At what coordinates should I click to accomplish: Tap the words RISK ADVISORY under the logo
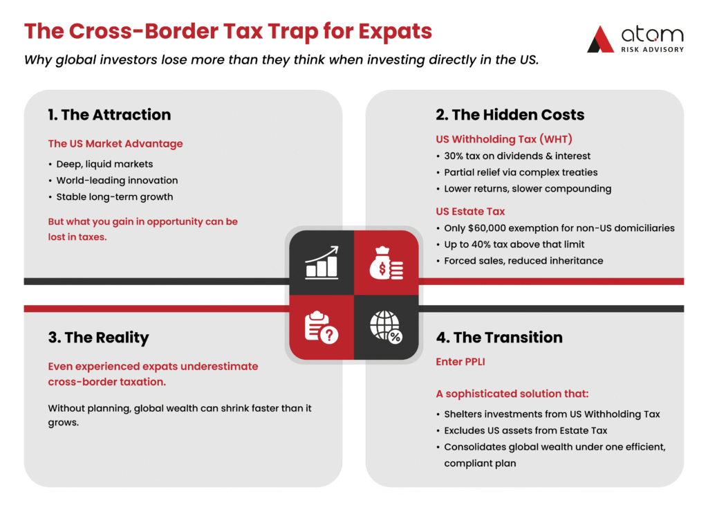click(x=653, y=49)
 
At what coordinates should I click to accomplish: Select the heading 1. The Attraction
click(x=109, y=115)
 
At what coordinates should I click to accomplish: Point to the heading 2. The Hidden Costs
click(x=510, y=115)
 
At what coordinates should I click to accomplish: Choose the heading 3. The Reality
click(x=98, y=338)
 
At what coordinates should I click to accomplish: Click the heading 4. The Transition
click(x=499, y=338)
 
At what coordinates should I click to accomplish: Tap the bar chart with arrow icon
click(x=322, y=262)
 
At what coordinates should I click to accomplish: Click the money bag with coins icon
click(x=386, y=263)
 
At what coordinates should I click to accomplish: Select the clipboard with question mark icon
click(x=321, y=327)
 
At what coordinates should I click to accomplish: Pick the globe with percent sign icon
click(x=386, y=327)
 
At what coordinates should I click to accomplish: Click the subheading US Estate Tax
click(x=470, y=212)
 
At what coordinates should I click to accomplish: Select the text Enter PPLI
click(x=460, y=362)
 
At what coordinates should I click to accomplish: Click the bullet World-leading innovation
click(x=117, y=181)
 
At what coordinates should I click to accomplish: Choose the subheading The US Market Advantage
click(x=115, y=144)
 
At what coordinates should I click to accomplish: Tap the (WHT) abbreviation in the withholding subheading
click(x=556, y=139)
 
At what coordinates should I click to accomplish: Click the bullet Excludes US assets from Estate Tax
click(x=525, y=430)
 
